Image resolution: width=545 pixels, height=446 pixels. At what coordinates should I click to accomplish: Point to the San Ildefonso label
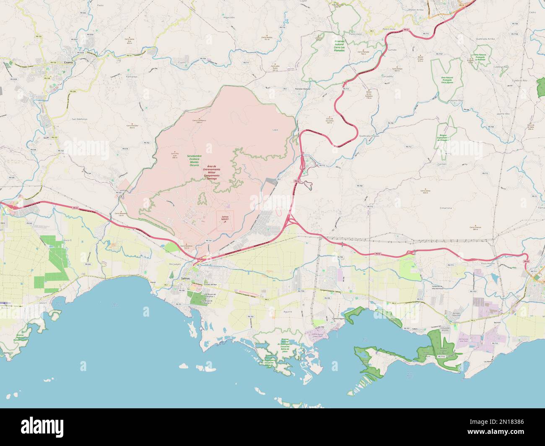(79, 119)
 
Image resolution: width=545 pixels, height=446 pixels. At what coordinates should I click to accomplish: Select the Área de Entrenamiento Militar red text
(212, 173)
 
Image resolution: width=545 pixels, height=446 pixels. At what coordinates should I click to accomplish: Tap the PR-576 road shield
(125, 149)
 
